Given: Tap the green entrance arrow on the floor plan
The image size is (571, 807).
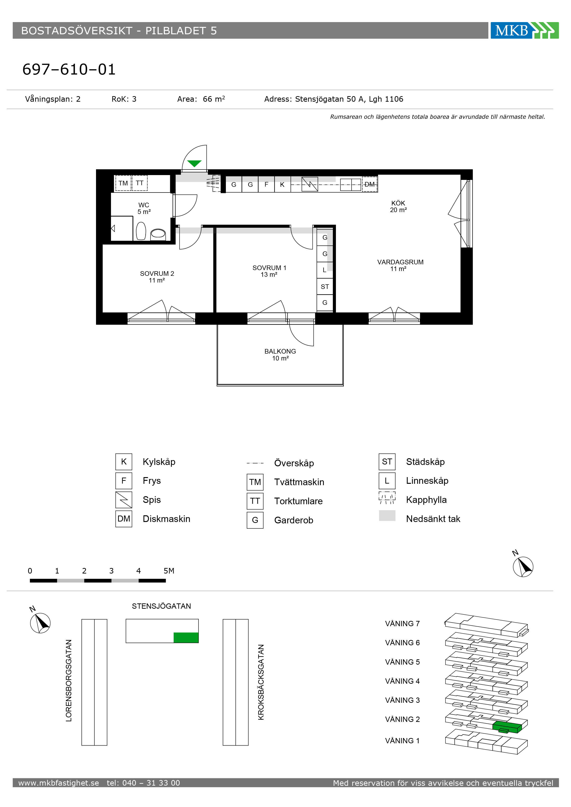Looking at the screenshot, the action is [x=194, y=163].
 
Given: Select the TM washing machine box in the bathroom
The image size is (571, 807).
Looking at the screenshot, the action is [x=123, y=183].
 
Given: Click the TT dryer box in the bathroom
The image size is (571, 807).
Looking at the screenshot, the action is [x=140, y=183].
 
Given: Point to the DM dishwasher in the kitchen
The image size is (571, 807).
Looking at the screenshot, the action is [x=369, y=184].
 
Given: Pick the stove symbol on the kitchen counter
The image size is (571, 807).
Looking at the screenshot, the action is [x=310, y=184].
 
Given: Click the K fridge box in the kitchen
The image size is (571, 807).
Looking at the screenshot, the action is [x=282, y=184].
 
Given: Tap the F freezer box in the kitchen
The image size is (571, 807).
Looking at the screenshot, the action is [x=266, y=184].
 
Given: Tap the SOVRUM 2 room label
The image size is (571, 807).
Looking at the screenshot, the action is [x=157, y=274].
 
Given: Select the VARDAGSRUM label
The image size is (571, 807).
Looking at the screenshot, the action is [x=400, y=262].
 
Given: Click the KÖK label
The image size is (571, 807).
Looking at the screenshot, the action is [x=398, y=203].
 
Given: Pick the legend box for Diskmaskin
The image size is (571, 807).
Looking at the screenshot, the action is [x=124, y=519].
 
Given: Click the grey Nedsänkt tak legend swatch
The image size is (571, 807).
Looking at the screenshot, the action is [x=387, y=516].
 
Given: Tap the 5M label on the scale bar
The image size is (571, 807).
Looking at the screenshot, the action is [x=169, y=571].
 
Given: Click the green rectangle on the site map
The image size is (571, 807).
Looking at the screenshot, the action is [x=186, y=638].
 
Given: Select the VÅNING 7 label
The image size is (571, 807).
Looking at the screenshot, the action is [x=402, y=623].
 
